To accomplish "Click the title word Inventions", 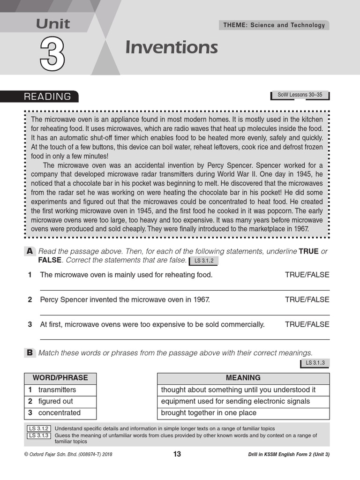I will [x=171, y=47].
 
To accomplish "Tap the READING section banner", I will [x=47, y=97].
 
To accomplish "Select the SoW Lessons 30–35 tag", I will [x=300, y=95].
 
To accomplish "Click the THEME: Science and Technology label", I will [x=274, y=25].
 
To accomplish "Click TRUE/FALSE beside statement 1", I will [x=307, y=275].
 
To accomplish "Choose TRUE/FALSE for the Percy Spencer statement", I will [x=307, y=300].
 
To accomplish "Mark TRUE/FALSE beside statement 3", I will [x=307, y=324].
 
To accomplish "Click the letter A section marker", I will [x=30, y=251].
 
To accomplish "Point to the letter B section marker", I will [x=30, y=353].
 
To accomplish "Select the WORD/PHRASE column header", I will [x=60, y=378].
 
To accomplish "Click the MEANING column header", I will [x=243, y=378].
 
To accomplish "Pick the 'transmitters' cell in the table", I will [x=57, y=390].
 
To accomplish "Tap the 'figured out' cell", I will [x=56, y=401].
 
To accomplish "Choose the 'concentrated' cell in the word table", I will [x=60, y=413].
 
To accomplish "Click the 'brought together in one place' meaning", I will [x=209, y=413].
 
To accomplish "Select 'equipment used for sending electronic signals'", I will [x=235, y=401].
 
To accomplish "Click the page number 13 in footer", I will [x=177, y=454].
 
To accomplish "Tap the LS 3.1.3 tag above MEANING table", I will [x=315, y=363].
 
